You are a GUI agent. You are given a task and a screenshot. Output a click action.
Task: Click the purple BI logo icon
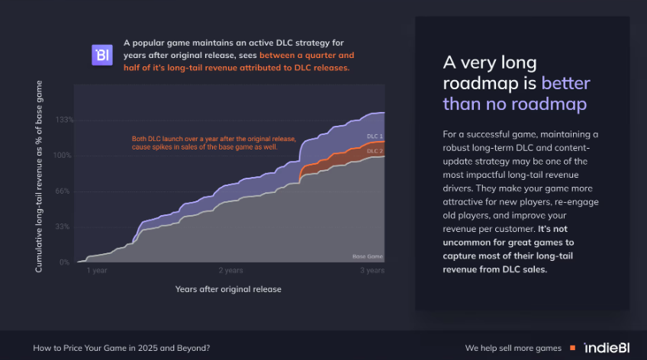click(x=102, y=55)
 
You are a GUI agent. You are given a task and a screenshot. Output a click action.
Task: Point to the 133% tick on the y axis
click(x=64, y=120)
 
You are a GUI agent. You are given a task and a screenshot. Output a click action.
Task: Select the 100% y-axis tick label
click(x=63, y=156)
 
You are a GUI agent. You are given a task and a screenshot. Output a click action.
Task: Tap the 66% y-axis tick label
click(x=63, y=191)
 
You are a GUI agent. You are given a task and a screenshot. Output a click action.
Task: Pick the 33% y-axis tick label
click(x=63, y=227)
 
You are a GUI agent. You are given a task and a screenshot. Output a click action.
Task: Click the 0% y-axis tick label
click(x=64, y=262)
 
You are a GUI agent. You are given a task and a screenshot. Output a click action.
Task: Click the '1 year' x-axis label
click(x=97, y=271)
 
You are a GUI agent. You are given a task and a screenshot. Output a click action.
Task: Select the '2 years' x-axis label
click(x=230, y=271)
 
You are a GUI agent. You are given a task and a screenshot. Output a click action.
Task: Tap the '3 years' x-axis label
click(x=372, y=271)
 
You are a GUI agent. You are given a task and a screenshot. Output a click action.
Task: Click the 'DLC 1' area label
click(x=375, y=136)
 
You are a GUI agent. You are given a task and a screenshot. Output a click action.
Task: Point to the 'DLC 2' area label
click(x=375, y=151)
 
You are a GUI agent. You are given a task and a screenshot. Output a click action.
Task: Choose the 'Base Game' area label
click(x=368, y=256)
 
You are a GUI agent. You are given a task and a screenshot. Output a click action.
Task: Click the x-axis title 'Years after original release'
click(x=228, y=290)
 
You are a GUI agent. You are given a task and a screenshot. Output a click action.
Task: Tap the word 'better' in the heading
click(x=565, y=83)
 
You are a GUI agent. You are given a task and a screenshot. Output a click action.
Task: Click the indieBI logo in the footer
click(x=607, y=348)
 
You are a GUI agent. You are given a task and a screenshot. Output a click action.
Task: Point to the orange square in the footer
click(x=573, y=348)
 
